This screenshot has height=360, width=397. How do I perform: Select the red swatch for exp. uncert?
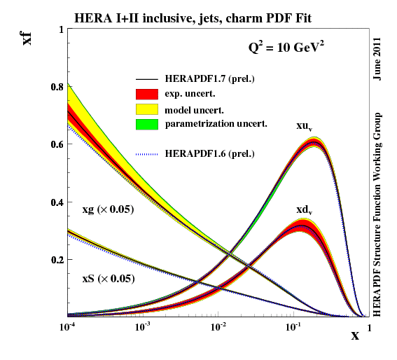click(x=148, y=93)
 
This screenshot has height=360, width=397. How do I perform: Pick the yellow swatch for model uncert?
click(x=148, y=109)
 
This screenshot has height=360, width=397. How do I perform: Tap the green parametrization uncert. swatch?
click(x=148, y=124)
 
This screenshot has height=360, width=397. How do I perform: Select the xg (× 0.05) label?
click(x=109, y=209)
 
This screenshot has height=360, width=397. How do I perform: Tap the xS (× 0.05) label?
click(x=108, y=278)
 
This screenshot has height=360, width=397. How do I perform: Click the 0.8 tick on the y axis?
click(x=56, y=87)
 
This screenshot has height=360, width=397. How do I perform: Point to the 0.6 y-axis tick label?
click(x=56, y=144)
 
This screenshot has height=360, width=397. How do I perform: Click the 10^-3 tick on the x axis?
click(x=143, y=327)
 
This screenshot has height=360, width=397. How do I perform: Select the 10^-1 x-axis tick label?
click(x=293, y=327)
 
